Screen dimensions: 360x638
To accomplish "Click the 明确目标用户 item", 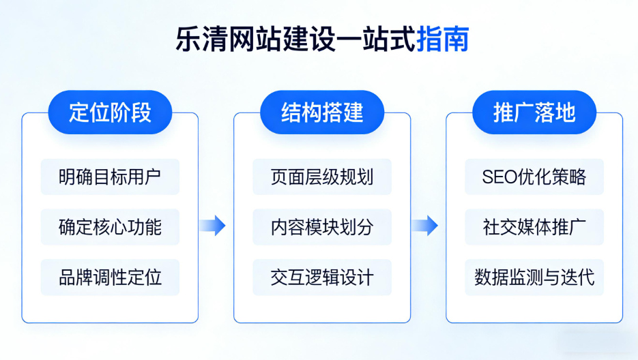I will [x=110, y=177].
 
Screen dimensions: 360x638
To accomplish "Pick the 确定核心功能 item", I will [x=110, y=227].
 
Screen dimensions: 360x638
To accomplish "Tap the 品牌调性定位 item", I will [x=110, y=277].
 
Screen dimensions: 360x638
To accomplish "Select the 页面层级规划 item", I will [x=322, y=177].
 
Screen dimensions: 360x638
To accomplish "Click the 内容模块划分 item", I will [x=322, y=227].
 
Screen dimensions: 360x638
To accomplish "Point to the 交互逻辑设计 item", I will [x=322, y=277].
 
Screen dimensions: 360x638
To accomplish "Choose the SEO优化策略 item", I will [x=534, y=177].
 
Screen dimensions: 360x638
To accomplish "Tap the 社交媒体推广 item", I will [x=534, y=227].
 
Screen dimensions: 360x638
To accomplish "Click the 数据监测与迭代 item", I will [x=534, y=277].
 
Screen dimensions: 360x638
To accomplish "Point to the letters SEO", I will [x=498, y=177].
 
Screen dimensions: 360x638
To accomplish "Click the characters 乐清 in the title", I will [x=199, y=39].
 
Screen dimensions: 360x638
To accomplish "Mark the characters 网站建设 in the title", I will [x=280, y=39].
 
